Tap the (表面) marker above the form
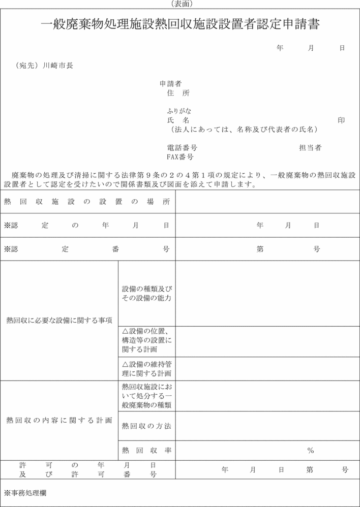(x=179, y=4)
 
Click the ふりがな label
(x=179, y=111)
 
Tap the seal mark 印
(x=341, y=120)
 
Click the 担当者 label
(x=310, y=148)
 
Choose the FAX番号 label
(x=180, y=157)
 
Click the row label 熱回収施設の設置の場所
(x=87, y=202)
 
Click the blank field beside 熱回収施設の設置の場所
(x=267, y=202)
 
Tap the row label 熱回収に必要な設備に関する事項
(x=59, y=320)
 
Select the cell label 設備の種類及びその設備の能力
(x=147, y=293)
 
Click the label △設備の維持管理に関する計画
(x=147, y=368)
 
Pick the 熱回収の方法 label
(x=146, y=426)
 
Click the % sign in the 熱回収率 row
(x=310, y=450)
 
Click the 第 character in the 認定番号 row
(x=260, y=249)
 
